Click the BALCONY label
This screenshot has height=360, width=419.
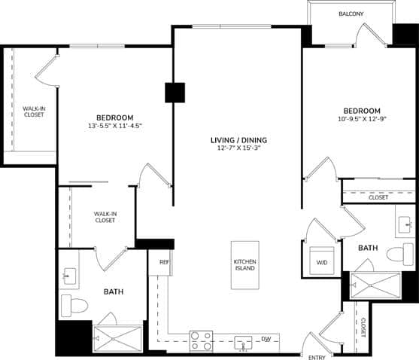pyautogui.click(x=352, y=14)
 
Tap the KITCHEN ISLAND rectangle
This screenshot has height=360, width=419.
pyautogui.click(x=245, y=265)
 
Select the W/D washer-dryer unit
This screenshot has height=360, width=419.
pyautogui.click(x=321, y=261)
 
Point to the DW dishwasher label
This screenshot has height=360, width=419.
pyautogui.click(x=265, y=340)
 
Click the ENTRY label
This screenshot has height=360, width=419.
pyautogui.click(x=317, y=355)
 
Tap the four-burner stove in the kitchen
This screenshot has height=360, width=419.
pyautogui.click(x=200, y=341)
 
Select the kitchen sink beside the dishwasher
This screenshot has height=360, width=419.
pyautogui.click(x=244, y=342)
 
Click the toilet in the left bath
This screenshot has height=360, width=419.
pyautogui.click(x=74, y=305)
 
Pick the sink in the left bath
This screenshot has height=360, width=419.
pyautogui.click(x=68, y=276)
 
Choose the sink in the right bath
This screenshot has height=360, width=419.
pyautogui.click(x=406, y=224)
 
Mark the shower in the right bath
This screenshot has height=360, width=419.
pyautogui.click(x=380, y=285)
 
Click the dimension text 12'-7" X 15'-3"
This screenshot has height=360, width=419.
pyautogui.click(x=238, y=148)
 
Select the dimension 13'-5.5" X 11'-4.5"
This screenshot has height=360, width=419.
pyautogui.click(x=114, y=126)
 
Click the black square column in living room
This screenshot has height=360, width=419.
pyautogui.click(x=175, y=92)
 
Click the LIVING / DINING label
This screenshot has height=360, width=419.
pyautogui.click(x=238, y=139)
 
